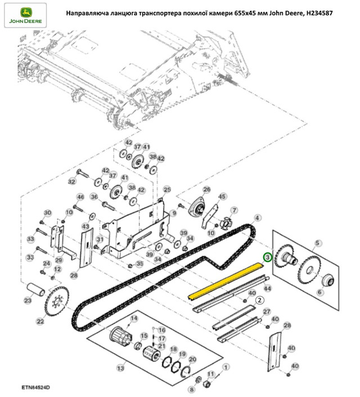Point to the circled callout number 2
tap(259, 300)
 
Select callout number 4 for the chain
tap(257, 217)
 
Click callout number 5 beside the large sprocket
tap(318, 243)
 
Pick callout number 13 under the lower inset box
tap(119, 368)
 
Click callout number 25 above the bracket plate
tap(166, 190)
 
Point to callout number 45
tap(222, 197)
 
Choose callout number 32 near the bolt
tap(71, 182)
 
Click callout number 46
tap(80, 197)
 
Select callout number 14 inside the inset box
tap(134, 319)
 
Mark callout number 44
tap(268, 288)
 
